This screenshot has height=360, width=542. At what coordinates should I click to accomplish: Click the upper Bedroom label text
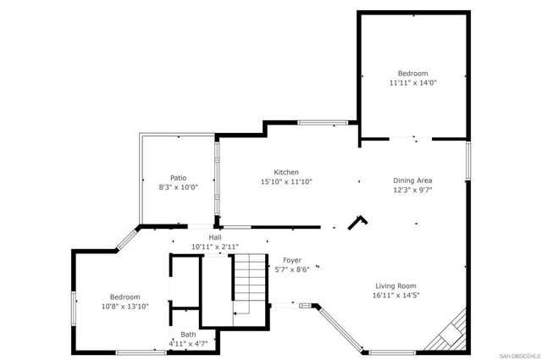point(414,74)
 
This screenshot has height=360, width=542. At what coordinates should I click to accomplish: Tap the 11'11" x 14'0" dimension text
point(414,83)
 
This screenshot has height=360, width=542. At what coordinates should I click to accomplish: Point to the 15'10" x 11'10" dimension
point(286,181)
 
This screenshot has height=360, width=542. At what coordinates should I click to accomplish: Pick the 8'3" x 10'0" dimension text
point(178,187)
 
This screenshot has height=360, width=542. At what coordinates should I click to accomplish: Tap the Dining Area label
point(413,180)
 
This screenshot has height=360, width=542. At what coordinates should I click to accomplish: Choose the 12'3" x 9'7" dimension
point(413,190)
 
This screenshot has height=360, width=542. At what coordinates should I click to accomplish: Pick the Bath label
point(187,335)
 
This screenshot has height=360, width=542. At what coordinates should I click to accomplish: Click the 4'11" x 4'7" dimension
point(187,344)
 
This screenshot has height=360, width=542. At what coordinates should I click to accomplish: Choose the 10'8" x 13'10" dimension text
point(124,306)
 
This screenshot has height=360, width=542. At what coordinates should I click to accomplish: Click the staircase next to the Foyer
point(250,285)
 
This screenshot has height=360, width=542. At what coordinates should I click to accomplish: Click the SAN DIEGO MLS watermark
point(517,353)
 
